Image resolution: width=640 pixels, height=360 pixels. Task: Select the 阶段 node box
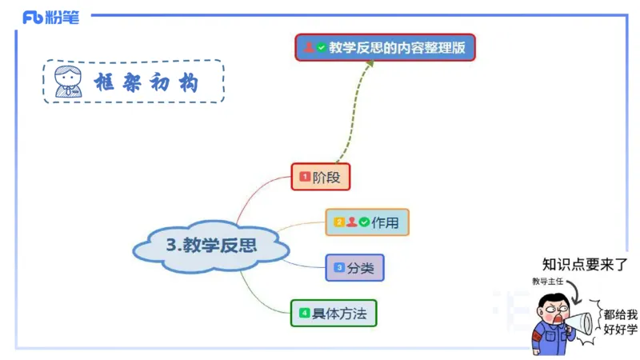click(320, 177)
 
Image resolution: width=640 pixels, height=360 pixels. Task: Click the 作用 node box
click(367, 222)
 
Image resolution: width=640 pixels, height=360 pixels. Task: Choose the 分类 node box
click(354, 267)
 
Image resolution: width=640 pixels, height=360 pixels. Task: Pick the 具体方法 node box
click(333, 313)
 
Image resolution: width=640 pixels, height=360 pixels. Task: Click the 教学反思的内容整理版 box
click(385, 47)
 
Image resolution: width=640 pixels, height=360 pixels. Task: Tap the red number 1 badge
click(305, 177)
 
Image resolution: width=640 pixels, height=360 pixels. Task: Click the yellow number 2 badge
click(339, 222)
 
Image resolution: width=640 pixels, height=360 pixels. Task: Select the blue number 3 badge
click(339, 267)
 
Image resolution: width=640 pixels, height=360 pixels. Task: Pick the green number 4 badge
click(304, 313)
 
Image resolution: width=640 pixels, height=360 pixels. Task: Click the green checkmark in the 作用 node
click(364, 222)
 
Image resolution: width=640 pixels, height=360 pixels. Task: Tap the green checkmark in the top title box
click(322, 47)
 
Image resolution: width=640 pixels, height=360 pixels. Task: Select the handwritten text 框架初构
click(146, 82)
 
